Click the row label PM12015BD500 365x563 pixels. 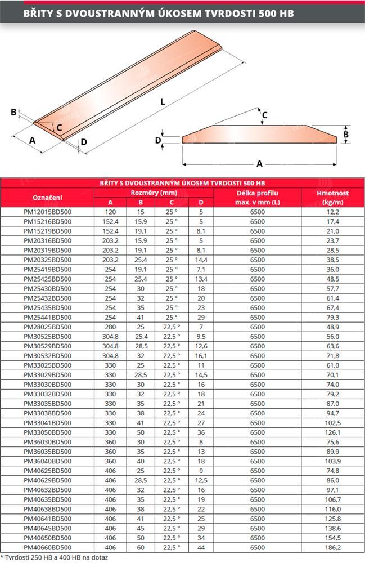[x=47, y=212]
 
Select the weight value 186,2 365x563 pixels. [x=333, y=547]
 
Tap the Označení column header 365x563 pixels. [x=47, y=198]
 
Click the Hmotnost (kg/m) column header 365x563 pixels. [x=333, y=198]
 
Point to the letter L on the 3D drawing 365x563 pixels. [x=163, y=102]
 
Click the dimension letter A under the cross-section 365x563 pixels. [x=259, y=163]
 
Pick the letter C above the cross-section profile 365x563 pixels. [x=265, y=115]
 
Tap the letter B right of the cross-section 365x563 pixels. [x=346, y=135]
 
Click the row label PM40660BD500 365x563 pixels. [x=47, y=547]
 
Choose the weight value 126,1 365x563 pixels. [x=333, y=432]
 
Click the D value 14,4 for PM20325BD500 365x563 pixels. [x=201, y=260]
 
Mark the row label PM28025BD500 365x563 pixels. [x=47, y=327]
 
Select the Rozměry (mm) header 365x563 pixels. [x=154, y=193]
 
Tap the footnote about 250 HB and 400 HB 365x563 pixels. [x=54, y=557]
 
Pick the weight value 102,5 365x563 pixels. [x=333, y=423]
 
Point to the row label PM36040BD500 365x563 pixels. [x=47, y=461]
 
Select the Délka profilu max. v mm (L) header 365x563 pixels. [x=258, y=198]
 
